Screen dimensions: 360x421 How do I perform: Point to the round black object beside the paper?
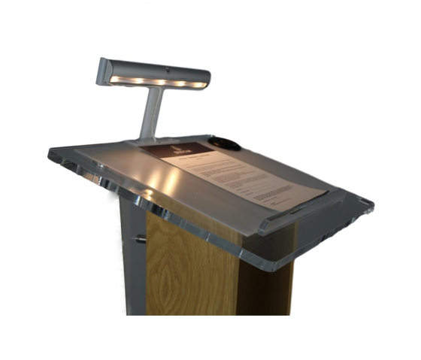(227, 144)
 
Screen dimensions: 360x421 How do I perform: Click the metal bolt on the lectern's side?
(140, 239)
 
